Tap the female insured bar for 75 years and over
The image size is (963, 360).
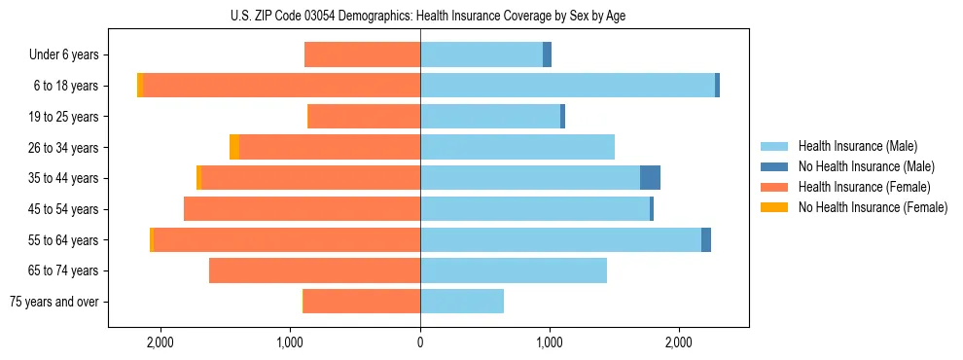[362, 302]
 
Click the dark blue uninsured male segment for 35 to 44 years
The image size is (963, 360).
[650, 178]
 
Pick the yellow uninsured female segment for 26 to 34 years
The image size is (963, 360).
[234, 147]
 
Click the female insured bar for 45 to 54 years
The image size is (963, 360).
[302, 209]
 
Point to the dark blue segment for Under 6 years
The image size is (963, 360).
[547, 54]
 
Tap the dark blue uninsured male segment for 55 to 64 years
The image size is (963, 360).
[706, 239]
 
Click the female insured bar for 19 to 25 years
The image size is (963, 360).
[364, 117]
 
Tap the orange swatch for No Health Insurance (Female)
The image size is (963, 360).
[774, 207]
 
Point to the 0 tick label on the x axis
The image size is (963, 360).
[420, 342]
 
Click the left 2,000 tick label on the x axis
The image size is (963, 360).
[160, 342]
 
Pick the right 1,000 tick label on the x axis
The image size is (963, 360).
[549, 342]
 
